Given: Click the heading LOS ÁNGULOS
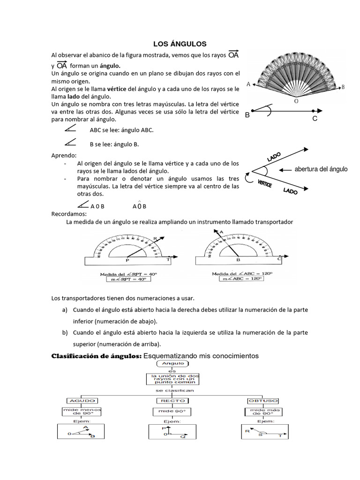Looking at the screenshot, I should point(180,44).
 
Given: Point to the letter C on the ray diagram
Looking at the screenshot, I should point(315,119).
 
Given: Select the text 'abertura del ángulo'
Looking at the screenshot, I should point(321,169).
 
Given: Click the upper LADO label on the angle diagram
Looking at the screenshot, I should point(274,157).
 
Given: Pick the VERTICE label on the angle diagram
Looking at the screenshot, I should point(265,183).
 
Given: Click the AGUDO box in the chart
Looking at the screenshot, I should point(82,401).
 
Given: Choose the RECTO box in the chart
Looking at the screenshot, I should point(171,401).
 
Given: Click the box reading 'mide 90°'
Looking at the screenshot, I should point(171,412).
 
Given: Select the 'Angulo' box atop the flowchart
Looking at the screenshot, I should point(173,363).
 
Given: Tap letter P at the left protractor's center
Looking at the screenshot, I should point(127,260).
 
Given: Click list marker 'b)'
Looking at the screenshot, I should point(65,332).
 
